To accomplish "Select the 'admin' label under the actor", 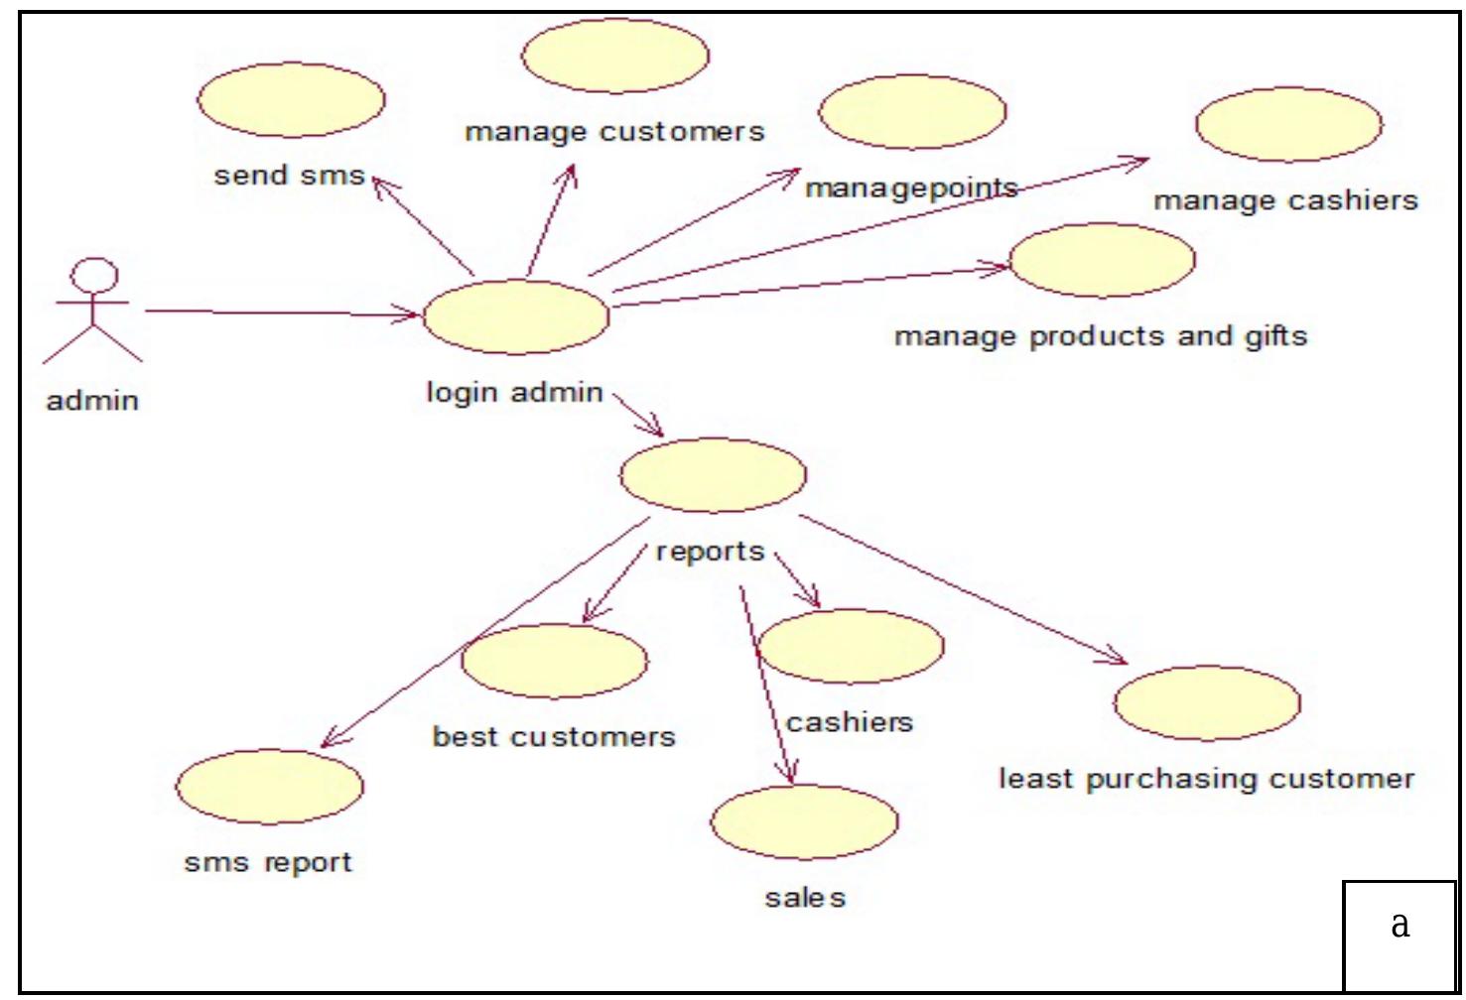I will (x=92, y=401).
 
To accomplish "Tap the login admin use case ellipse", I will (x=516, y=316).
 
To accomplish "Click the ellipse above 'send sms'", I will (x=291, y=100).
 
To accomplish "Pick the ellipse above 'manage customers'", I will (x=615, y=56).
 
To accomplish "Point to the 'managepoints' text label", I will (x=911, y=187).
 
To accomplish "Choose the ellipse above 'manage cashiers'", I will (x=1288, y=124).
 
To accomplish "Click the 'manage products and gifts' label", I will (x=1101, y=336).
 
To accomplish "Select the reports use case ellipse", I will (x=713, y=475).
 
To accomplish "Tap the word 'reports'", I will (x=710, y=552).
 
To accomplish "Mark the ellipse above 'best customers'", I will (x=555, y=661).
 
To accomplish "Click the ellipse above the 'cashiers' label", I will (x=851, y=646).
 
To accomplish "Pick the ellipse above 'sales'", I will (x=804, y=822).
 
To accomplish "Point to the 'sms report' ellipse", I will (x=269, y=787).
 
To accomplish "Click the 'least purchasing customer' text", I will (x=1206, y=779).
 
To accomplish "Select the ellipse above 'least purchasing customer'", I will (x=1207, y=703).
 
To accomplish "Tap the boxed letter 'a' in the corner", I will (x=1399, y=925).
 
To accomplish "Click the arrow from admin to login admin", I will (x=283, y=313).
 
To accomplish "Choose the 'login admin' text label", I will (x=514, y=393).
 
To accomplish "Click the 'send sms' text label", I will (x=290, y=176).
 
